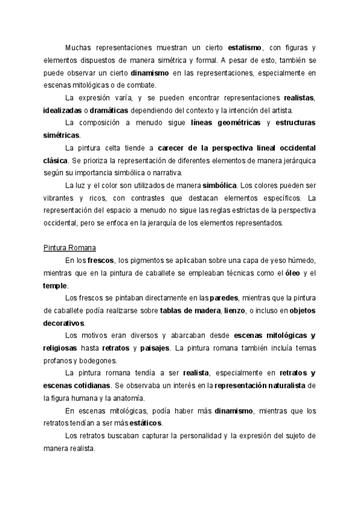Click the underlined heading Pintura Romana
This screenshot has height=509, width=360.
pos(70,248)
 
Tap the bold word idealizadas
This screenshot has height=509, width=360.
pos(62,110)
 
